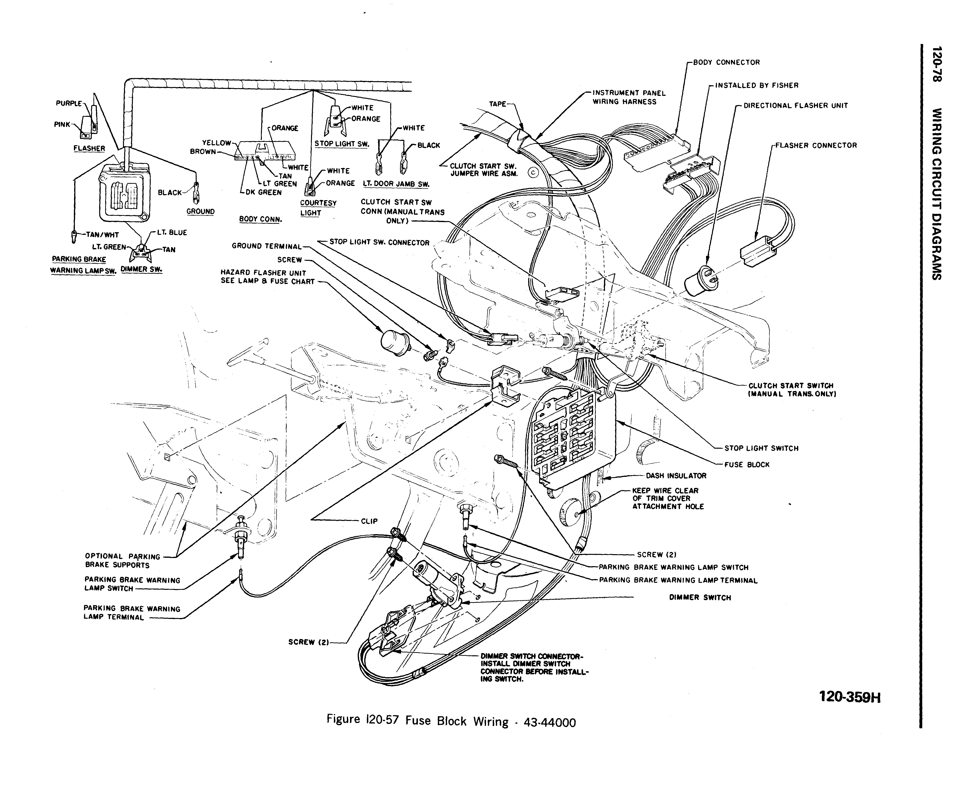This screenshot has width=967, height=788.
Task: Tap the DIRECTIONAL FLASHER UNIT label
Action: (x=795, y=106)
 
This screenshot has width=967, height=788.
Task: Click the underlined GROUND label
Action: (x=200, y=211)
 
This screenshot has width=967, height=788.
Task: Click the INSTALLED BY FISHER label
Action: (x=756, y=85)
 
